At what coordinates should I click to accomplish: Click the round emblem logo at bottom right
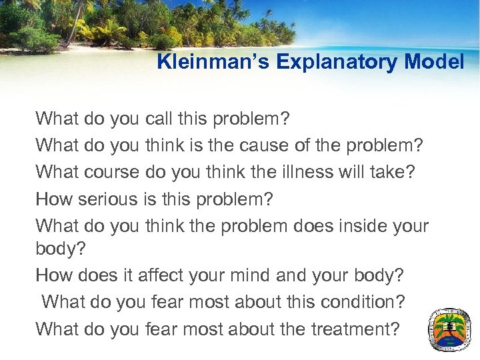[x=450, y=329]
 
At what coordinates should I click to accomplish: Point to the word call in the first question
[x=157, y=119]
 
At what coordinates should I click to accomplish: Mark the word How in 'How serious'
[x=53, y=198]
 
